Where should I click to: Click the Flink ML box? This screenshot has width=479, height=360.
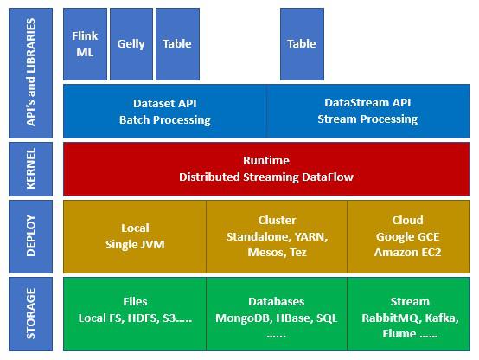[x=86, y=43]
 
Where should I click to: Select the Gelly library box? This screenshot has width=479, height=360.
[x=131, y=43]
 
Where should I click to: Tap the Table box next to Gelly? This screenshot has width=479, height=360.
[x=177, y=43]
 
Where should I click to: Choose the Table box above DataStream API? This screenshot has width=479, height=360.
[x=302, y=43]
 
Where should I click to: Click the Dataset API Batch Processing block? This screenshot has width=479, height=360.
[x=164, y=111]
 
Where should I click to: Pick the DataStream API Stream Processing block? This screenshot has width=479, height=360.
[x=367, y=111]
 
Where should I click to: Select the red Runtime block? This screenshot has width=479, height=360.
[x=266, y=169]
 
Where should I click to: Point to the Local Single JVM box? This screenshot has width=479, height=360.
[x=135, y=235]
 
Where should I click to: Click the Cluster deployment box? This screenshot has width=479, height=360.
[x=277, y=235]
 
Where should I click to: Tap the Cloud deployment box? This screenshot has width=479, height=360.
[x=407, y=235]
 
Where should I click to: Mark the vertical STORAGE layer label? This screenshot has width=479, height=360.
[x=31, y=313]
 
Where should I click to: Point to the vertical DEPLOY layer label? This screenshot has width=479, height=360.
[x=31, y=235]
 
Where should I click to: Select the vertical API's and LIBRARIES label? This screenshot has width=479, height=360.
[x=31, y=74]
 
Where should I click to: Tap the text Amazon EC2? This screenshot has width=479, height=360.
[x=407, y=252]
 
